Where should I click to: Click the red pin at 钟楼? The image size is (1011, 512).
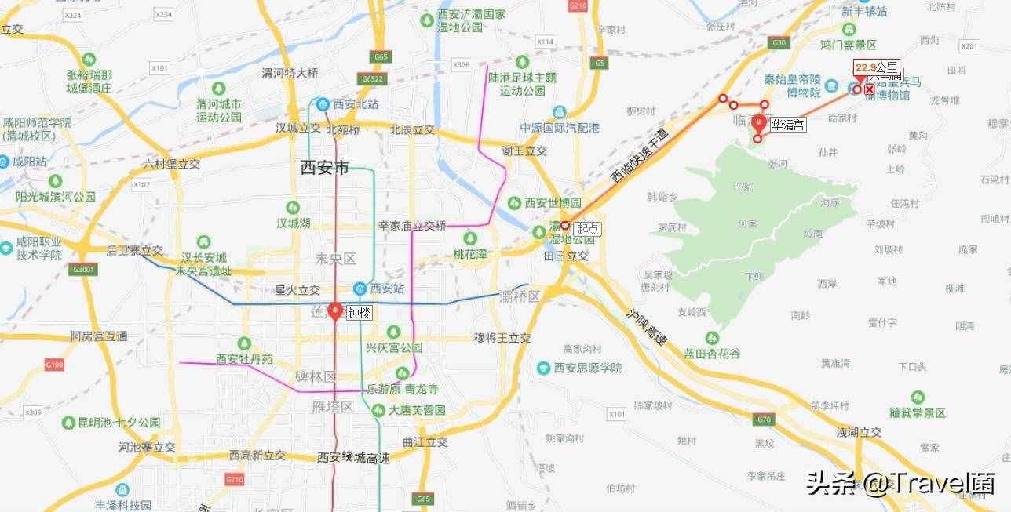click(x=335, y=310)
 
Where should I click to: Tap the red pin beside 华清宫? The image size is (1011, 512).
click(x=758, y=123)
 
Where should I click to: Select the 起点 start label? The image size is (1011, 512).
click(x=588, y=229)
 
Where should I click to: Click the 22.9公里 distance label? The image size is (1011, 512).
click(x=877, y=68)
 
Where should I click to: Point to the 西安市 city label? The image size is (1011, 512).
click(x=324, y=166)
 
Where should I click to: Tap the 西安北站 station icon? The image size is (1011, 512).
click(x=323, y=103)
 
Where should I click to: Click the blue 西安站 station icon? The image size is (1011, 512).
click(x=360, y=288)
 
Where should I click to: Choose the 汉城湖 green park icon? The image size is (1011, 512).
click(x=292, y=207)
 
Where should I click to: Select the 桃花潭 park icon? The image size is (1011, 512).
click(x=469, y=238)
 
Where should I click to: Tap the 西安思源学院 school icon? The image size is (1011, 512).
click(x=543, y=367)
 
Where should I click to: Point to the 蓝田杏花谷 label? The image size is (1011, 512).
click(x=712, y=354)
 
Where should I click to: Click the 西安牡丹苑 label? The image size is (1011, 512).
click(x=244, y=359)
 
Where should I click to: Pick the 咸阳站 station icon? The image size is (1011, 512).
click(x=5, y=161)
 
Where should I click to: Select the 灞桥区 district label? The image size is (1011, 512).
click(x=520, y=296)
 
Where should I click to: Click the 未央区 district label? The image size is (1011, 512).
click(x=335, y=258)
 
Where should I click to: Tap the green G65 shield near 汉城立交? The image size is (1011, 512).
click(x=382, y=56)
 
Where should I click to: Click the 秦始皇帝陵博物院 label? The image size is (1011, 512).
click(x=793, y=86)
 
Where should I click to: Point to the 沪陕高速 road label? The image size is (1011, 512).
click(x=646, y=326)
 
